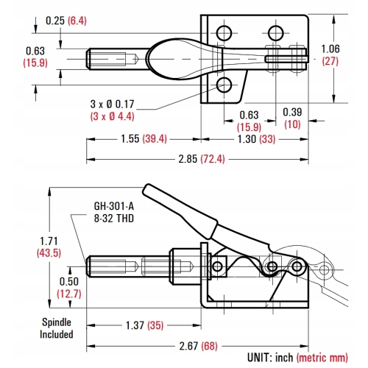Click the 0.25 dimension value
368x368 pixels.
54,21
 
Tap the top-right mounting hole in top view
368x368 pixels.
275,32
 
